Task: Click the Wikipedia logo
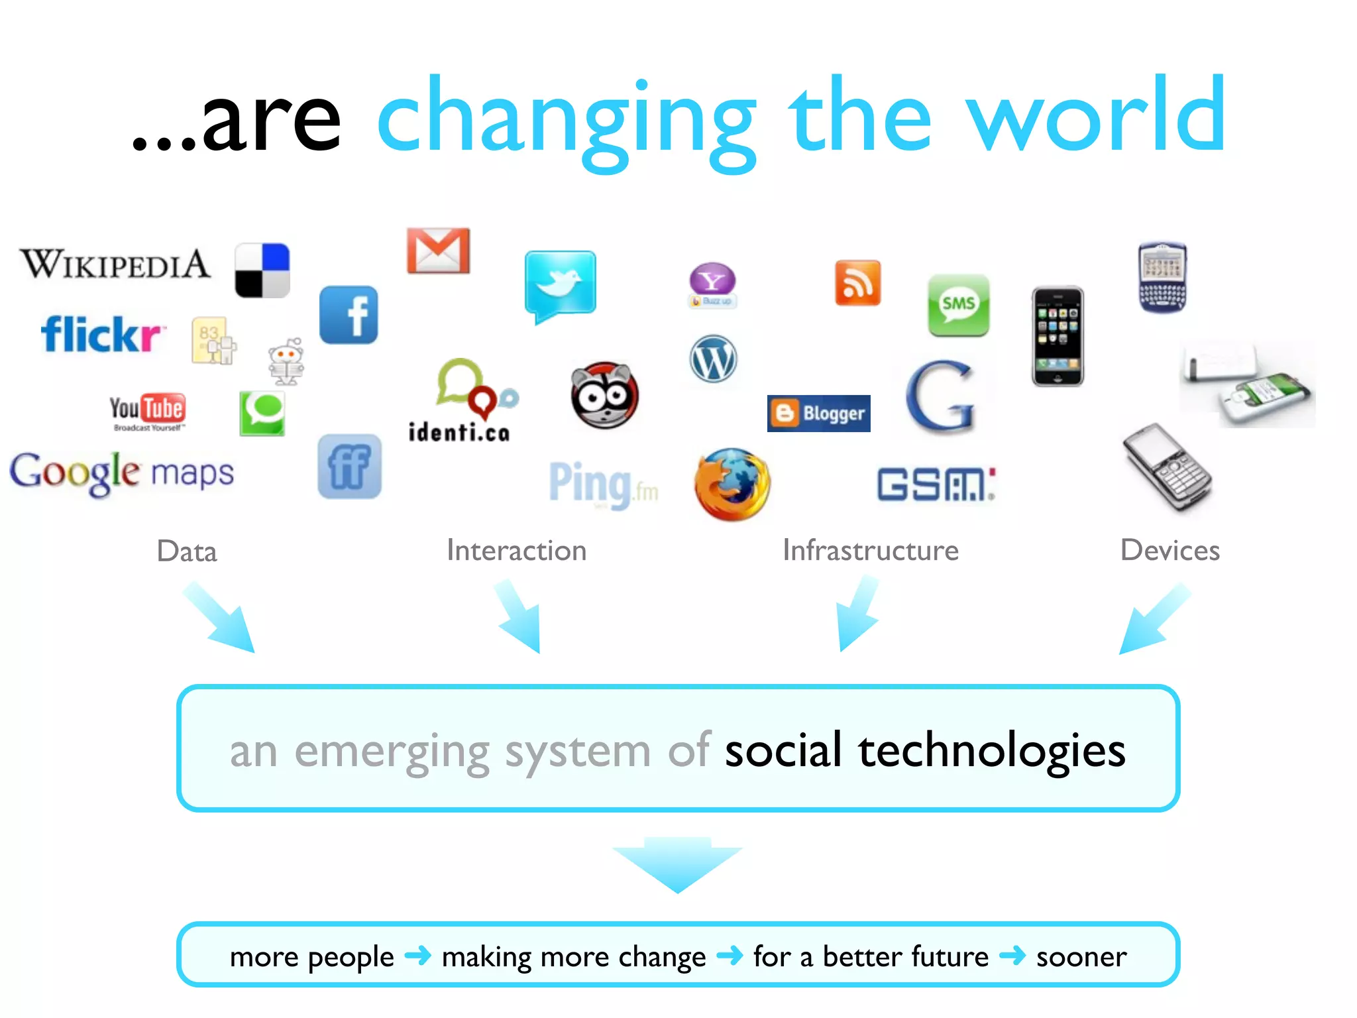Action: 115,264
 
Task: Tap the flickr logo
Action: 101,334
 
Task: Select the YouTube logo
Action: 147,411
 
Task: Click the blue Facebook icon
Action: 349,315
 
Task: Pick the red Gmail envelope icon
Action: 438,251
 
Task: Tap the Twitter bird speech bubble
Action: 560,284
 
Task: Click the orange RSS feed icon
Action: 857,283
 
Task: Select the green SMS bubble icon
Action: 958,305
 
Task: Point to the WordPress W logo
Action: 713,359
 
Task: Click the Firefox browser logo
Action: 732,484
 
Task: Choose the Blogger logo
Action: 819,414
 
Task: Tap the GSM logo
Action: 936,484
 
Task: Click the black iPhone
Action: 1058,337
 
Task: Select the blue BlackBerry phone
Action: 1162,277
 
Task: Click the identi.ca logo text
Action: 459,433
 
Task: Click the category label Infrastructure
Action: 870,550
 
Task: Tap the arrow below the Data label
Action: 220,618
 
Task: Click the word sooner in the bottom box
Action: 1081,956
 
